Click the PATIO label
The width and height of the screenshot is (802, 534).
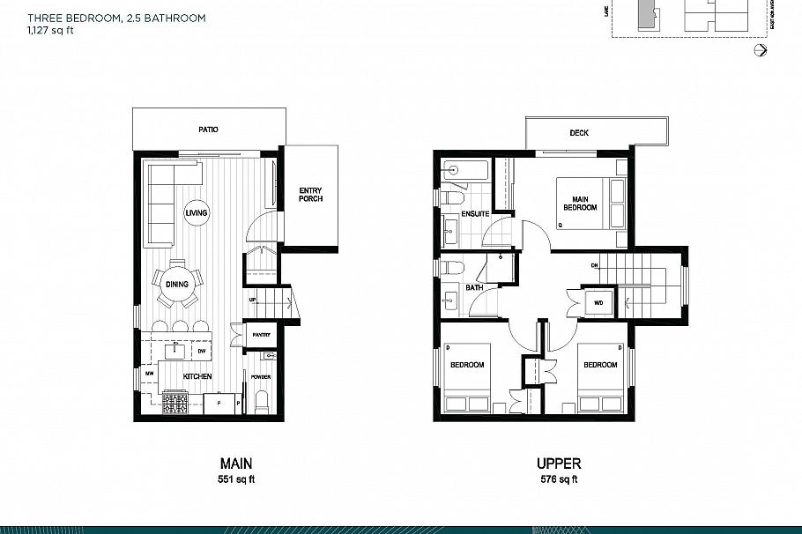click(x=208, y=130)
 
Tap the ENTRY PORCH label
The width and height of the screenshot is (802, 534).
click(x=310, y=194)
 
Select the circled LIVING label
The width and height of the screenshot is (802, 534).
click(x=196, y=213)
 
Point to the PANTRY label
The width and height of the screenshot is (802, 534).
click(x=260, y=335)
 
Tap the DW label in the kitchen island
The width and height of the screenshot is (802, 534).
click(x=201, y=351)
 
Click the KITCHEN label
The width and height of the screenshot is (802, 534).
click(x=197, y=376)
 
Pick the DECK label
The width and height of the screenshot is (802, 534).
click(x=578, y=133)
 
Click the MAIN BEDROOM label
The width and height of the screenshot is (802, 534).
click(x=580, y=204)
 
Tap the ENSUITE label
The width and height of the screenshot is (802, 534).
click(x=476, y=213)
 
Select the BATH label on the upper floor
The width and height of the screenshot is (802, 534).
click(x=474, y=287)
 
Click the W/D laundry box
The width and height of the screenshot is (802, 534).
click(x=598, y=302)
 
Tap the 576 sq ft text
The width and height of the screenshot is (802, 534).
click(x=558, y=480)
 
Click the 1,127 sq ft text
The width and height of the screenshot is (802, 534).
click(x=50, y=29)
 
